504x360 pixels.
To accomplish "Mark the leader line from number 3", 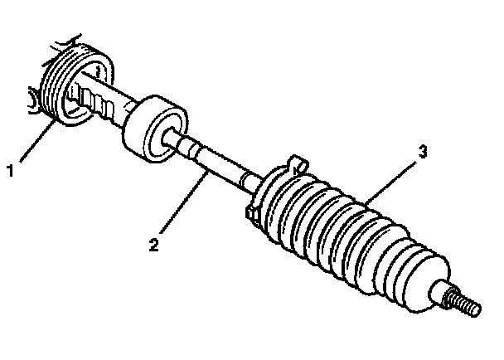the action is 390,178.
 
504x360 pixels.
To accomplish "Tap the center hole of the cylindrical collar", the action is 177,144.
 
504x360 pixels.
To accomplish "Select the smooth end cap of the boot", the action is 436,294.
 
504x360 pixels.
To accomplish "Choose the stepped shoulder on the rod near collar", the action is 190,151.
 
